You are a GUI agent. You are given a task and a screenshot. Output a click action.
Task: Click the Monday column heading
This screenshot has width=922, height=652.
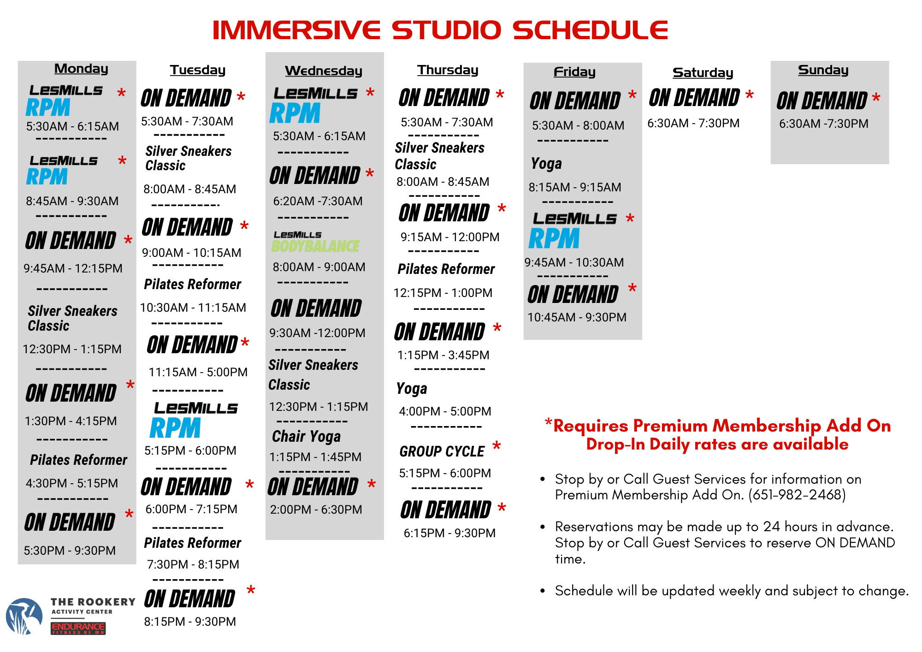(81, 69)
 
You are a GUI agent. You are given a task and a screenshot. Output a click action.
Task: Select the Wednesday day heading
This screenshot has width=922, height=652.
(324, 71)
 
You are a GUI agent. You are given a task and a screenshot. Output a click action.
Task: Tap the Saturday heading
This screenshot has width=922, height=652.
(703, 73)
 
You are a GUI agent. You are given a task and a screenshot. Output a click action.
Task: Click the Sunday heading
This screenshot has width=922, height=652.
(823, 70)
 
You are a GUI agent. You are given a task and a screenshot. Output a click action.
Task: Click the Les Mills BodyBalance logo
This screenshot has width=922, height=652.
(316, 242)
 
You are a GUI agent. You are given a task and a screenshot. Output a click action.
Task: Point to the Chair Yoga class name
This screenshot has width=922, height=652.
(306, 436)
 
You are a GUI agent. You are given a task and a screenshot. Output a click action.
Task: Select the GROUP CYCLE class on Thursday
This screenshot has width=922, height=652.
(442, 451)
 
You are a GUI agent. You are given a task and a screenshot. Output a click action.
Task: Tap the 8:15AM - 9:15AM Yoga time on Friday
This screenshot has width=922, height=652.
(575, 187)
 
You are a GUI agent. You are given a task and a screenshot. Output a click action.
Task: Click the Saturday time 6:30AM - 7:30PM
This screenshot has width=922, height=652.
(693, 124)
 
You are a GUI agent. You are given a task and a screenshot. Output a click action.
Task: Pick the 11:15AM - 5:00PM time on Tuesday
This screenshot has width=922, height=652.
(198, 372)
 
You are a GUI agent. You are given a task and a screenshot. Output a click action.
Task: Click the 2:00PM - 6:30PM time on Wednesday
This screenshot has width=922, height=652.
(316, 510)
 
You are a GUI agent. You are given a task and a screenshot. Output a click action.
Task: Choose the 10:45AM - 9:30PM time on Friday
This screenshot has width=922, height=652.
(577, 317)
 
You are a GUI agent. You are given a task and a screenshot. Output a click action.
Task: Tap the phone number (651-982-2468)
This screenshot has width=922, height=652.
(797, 495)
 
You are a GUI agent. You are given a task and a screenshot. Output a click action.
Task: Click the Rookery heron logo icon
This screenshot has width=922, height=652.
(24, 616)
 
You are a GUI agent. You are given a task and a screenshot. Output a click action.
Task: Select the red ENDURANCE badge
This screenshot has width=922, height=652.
(78, 628)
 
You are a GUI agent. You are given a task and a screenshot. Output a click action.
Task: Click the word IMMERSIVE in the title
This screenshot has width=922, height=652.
(296, 30)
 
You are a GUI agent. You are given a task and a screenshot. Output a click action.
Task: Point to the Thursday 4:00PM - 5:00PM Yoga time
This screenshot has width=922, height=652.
(445, 411)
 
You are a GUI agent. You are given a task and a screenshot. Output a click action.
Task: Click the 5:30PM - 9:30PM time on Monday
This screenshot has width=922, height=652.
(70, 551)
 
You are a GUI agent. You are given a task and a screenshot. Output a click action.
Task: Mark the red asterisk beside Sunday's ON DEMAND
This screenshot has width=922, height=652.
(876, 98)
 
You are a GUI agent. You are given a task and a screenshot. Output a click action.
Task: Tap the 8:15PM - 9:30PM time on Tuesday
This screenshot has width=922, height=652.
(190, 622)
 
